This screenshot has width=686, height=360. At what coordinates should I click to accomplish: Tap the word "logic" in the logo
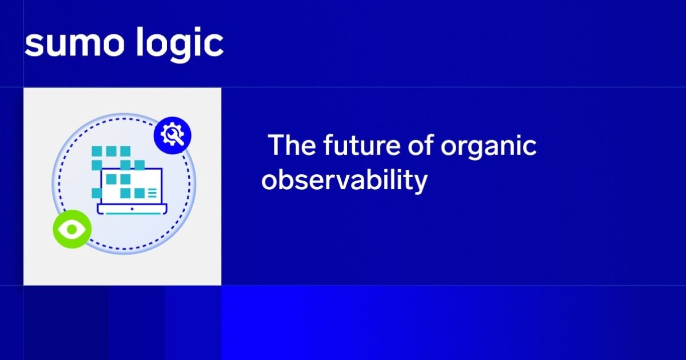pyautogui.click(x=180, y=44)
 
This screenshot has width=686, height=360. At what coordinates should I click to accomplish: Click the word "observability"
pyautogui.click(x=344, y=181)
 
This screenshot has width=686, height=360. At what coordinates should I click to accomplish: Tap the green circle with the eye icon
pyautogui.click(x=72, y=229)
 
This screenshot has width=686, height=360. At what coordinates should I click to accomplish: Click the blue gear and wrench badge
pyautogui.click(x=172, y=135)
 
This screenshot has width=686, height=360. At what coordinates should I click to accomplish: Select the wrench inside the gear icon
pyautogui.click(x=173, y=136)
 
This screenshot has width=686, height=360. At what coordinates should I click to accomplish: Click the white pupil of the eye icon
pyautogui.click(x=72, y=230)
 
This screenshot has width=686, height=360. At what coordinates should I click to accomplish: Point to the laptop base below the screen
pyautogui.click(x=132, y=209)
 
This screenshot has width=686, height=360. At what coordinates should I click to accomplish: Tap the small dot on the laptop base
pyautogui.click(x=132, y=209)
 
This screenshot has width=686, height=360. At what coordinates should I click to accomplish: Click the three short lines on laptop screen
pyautogui.click(x=152, y=194)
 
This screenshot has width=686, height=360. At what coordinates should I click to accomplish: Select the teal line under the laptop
pyautogui.click(x=132, y=214)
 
